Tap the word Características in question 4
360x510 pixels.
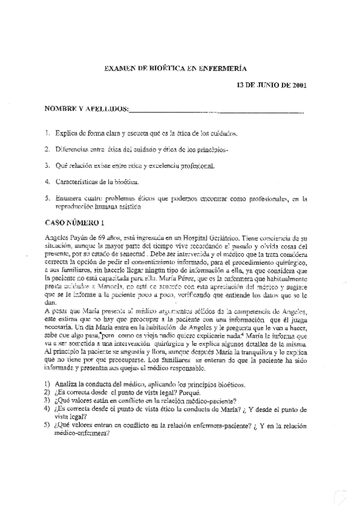pyautogui.click(x=78, y=180)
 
